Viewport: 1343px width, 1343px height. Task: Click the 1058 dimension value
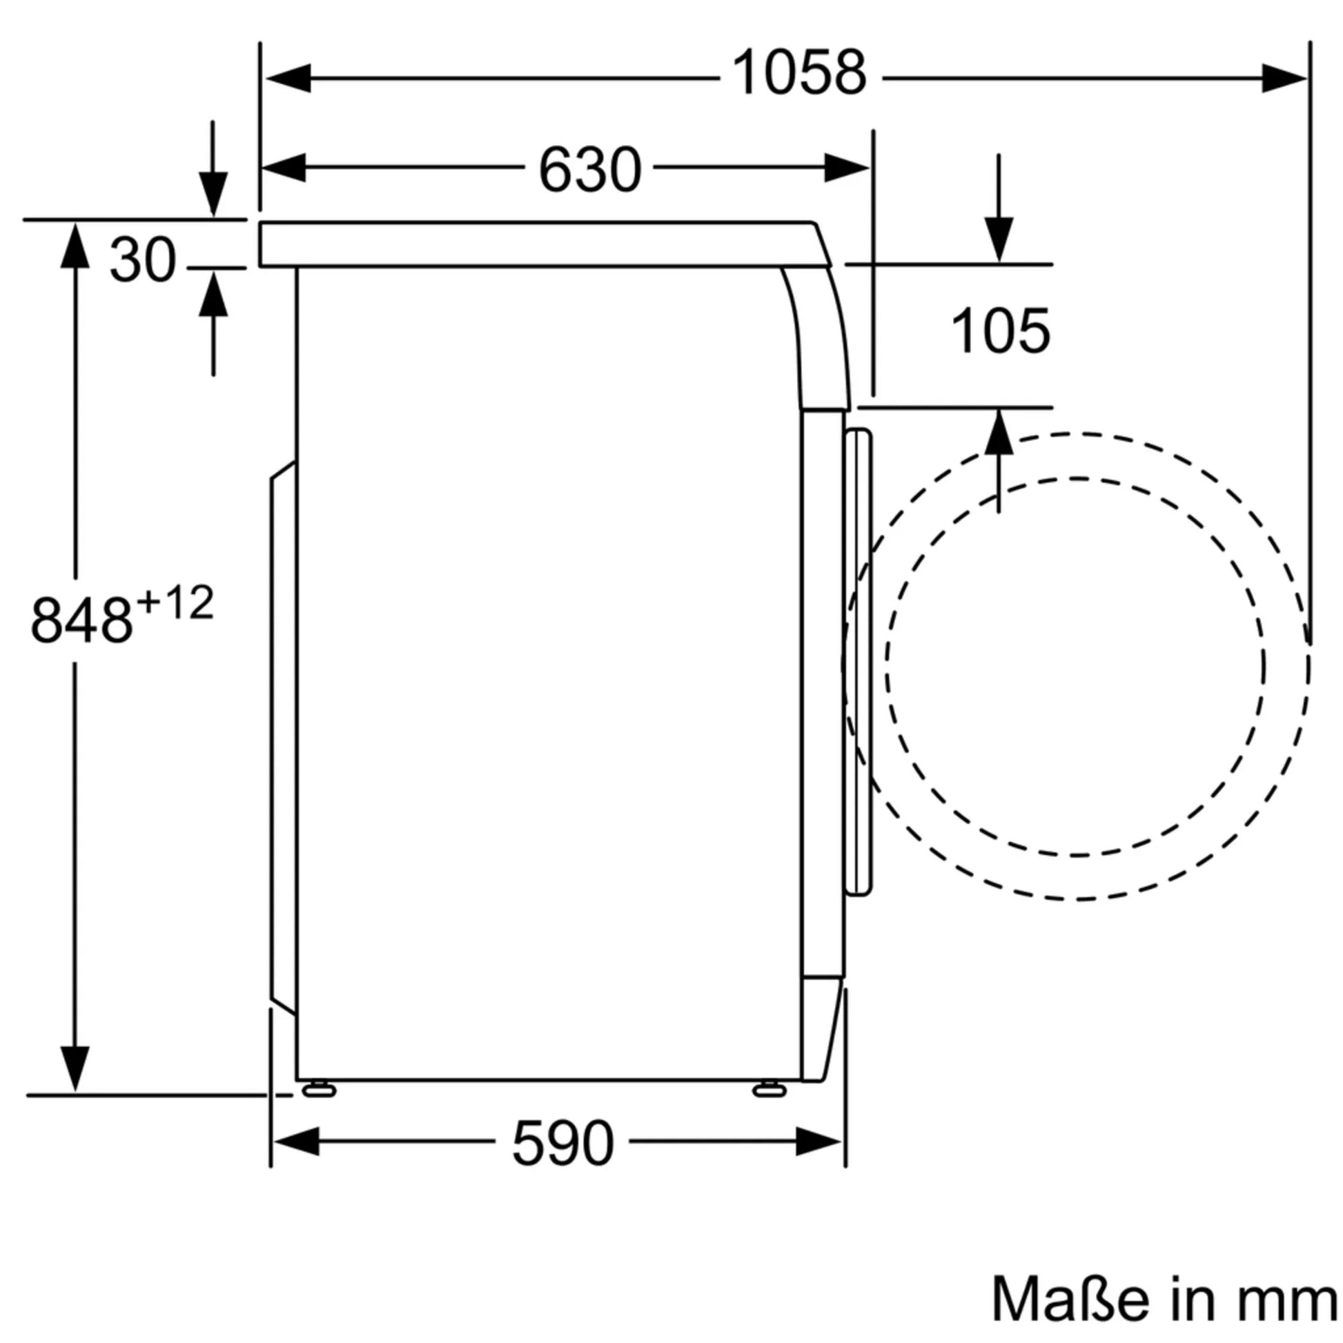[x=799, y=73]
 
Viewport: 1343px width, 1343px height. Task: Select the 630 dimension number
[x=589, y=170]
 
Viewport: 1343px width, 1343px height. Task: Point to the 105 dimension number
[x=1000, y=331]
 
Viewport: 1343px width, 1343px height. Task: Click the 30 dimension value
[x=142, y=260]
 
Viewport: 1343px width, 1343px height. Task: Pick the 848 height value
[x=81, y=620]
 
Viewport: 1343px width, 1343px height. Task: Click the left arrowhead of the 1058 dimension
[x=287, y=78]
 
